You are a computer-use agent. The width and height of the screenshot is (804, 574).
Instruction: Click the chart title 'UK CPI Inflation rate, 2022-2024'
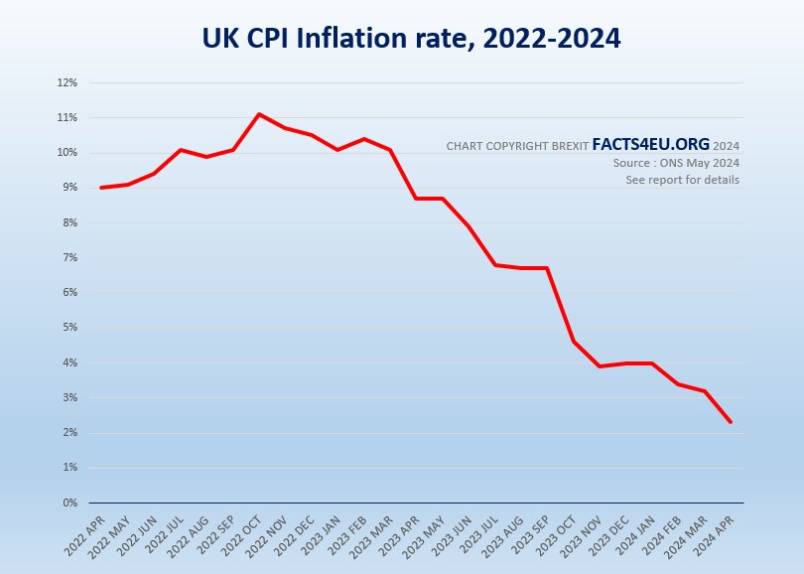[x=411, y=39]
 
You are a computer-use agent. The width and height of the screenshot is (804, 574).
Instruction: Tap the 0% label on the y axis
[x=70, y=502]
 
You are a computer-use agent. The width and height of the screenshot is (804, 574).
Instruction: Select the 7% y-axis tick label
[x=70, y=257]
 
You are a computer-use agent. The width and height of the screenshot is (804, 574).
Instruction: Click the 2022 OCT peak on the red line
[x=259, y=114]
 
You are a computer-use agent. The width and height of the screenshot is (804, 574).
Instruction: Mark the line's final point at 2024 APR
[x=732, y=422]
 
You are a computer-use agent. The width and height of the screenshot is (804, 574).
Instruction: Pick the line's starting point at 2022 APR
[x=101, y=188]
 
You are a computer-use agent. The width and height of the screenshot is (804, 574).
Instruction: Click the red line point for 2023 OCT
[x=574, y=342]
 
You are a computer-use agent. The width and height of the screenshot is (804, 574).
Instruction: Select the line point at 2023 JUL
[x=495, y=265]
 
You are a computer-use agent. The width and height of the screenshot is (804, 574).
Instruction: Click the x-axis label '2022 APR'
[x=85, y=531]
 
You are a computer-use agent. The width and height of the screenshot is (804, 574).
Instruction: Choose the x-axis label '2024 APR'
[x=715, y=531]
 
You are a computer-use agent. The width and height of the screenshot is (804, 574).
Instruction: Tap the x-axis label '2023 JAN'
[x=322, y=531]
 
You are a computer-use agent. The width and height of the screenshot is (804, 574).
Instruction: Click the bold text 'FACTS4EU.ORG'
[x=650, y=145]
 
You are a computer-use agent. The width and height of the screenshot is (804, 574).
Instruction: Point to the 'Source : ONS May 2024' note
[x=676, y=163]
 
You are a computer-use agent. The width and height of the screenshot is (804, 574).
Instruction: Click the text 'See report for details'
[x=682, y=180]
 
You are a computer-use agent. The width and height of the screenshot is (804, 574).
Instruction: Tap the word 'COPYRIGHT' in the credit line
[x=519, y=146]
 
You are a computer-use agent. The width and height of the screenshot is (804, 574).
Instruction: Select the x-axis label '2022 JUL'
[x=164, y=531]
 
